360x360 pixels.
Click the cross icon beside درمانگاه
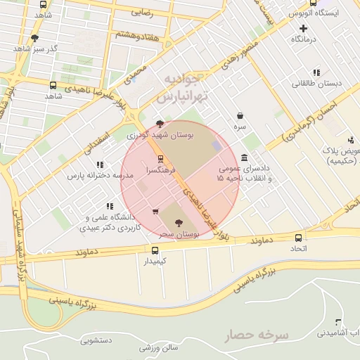(303, 29)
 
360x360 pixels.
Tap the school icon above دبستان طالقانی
(316, 72)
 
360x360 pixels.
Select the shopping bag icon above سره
(240, 115)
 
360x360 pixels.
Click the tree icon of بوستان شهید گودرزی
(160, 124)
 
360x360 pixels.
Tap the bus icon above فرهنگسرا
(161, 159)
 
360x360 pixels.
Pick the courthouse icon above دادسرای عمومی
(243, 157)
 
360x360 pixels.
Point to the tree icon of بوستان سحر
(176, 222)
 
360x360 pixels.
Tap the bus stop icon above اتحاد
(299, 238)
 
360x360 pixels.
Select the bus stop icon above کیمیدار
(155, 250)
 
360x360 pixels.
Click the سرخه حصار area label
(258, 335)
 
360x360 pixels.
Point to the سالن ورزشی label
(160, 347)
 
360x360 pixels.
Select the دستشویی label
(97, 341)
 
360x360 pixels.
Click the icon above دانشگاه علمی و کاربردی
(109, 206)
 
